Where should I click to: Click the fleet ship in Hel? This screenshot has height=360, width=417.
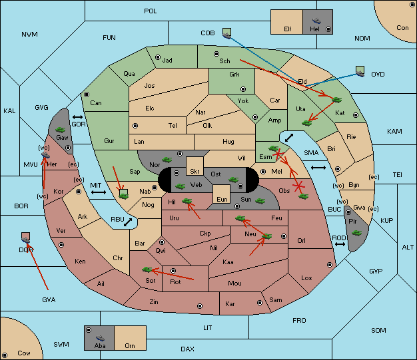click(316, 21)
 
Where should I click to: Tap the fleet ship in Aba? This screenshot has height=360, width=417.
click(100, 338)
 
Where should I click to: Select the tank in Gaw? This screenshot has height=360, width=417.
click(60, 130)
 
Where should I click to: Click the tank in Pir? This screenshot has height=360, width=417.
click(356, 233)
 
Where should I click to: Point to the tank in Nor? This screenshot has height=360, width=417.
click(167, 160)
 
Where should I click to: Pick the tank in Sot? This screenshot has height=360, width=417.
click(147, 270)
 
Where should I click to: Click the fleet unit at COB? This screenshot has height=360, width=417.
click(227, 33)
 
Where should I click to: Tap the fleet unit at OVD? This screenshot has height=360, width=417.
click(360, 71)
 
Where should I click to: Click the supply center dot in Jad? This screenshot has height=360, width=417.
click(158, 57)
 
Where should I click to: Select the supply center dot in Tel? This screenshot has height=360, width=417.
click(135, 125)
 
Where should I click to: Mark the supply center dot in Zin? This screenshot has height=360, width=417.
click(200, 306)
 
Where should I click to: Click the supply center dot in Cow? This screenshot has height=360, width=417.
click(5, 355)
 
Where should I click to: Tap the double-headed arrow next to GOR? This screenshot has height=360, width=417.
click(77, 117)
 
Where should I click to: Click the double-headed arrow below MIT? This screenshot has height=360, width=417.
click(99, 192)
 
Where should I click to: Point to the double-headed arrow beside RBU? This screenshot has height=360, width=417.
click(128, 222)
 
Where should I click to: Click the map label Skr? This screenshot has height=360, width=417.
click(195, 172)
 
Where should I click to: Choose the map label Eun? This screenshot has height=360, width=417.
click(222, 199)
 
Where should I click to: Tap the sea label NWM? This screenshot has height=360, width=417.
click(29, 35)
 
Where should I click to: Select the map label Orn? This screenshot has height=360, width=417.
click(130, 345)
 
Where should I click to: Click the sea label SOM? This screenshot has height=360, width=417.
click(378, 330)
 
